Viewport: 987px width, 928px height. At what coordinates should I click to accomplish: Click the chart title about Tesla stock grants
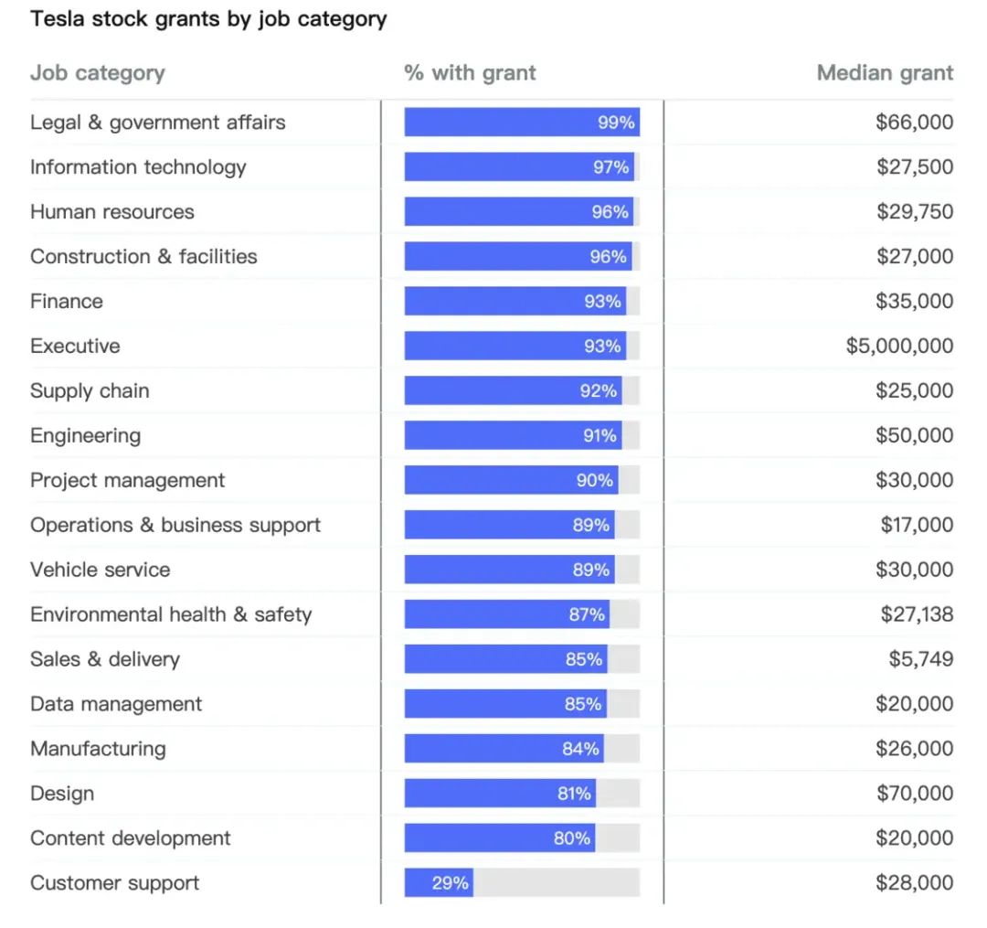pos(208,19)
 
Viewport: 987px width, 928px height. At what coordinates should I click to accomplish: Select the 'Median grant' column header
pos(885,73)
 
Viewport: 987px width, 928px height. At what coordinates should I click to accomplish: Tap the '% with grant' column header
pos(470,73)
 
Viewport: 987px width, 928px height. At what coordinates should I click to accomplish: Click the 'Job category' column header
pos(98,73)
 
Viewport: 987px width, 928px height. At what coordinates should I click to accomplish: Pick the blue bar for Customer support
pos(439,883)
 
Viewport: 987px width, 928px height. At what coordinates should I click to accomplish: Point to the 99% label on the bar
pos(616,123)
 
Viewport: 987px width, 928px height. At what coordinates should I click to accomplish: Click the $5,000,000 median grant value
pos(899,347)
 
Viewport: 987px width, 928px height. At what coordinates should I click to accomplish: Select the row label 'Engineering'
pos(85,436)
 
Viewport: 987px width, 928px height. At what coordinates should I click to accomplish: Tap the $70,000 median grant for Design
pos(914,794)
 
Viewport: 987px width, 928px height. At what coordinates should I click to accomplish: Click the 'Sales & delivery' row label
pos(105,659)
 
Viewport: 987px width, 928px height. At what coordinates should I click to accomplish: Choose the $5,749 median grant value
pos(920,659)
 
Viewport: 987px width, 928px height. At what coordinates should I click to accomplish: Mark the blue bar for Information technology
pos(518,167)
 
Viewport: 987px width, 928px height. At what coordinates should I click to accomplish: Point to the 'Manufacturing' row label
pos(98,749)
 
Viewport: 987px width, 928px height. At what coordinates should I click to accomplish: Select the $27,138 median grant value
pos(917,614)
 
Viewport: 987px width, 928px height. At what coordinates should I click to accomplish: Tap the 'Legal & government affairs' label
pos(157,123)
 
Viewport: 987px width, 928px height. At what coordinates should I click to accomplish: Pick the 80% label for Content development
pos(572,838)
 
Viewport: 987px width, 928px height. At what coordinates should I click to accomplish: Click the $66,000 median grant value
pos(914,123)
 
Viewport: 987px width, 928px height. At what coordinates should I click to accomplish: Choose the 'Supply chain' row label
pos(90,391)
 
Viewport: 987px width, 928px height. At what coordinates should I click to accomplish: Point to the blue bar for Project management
pos(511,481)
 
